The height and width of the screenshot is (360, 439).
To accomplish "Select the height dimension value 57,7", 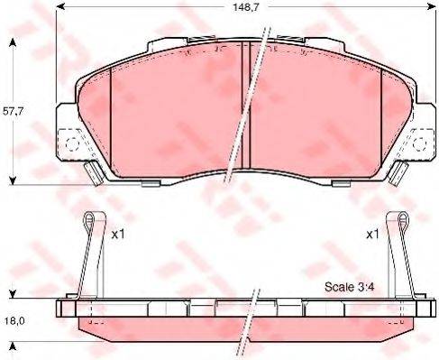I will point(11,112).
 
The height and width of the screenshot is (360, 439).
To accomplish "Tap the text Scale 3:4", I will point(349,288).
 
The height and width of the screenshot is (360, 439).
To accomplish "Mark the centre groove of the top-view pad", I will point(245,108).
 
